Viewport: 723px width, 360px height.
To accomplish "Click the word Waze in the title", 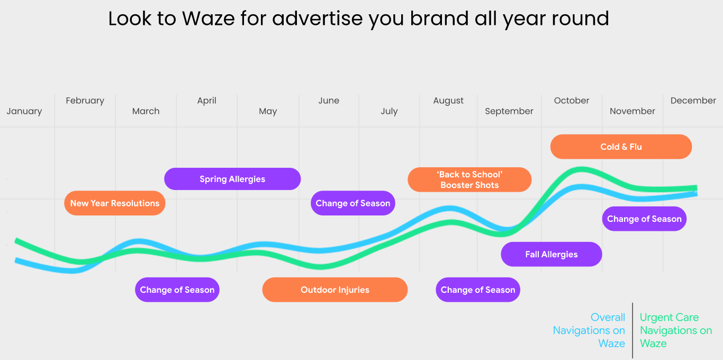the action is pos(208,19).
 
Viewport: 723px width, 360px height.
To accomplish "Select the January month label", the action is pos(24,111).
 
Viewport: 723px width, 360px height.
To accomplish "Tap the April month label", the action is pos(206,101).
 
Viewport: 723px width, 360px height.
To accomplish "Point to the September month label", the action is pos(509,112).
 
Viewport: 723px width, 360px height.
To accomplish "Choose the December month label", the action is pos(693,101).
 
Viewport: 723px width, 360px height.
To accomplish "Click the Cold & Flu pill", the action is pos(621,147).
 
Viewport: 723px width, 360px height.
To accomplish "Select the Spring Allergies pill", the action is pos(232,179).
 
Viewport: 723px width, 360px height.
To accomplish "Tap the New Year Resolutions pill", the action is pos(114,203).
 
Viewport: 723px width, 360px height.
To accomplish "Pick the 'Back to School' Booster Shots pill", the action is pos(469,179).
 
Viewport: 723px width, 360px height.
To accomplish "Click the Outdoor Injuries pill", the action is pos(335,290).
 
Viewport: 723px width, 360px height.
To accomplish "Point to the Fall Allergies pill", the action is pos(552,254).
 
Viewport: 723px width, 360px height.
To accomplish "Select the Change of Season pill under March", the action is pos(177,290).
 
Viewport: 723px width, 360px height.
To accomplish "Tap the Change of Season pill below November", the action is pos(644,219).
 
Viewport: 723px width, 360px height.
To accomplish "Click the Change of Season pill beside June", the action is pos(353,203).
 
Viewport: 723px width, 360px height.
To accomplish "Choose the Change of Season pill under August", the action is pos(478,290).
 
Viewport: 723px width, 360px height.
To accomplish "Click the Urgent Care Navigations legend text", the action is pos(676,330).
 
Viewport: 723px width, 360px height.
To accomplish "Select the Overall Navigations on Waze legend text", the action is pos(589,330).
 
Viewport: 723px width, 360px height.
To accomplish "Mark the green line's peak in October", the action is pos(581,170).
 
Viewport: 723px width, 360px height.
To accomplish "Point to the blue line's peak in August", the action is pos(449,209).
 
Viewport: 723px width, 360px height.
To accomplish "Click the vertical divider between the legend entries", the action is pos(632,330).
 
